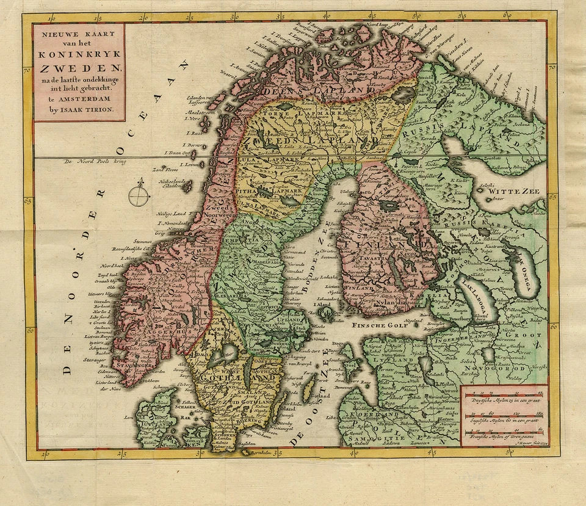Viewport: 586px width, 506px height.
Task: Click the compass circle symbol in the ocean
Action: pos(140,195)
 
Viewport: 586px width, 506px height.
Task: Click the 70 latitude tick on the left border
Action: pos(27,71)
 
